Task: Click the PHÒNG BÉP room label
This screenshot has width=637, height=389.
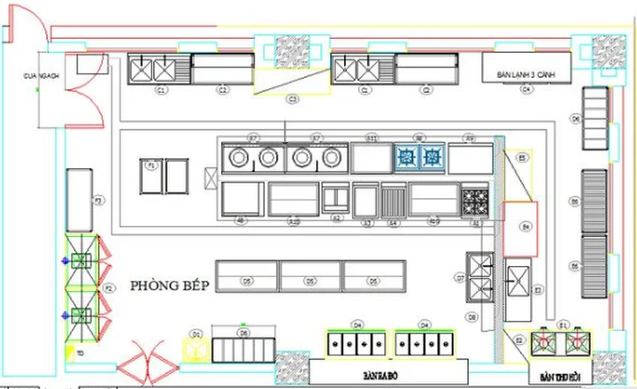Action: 170,286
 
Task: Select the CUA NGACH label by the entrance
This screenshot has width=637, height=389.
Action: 41,77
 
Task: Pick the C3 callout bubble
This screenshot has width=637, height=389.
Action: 293,100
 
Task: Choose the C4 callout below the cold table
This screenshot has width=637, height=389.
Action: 526,89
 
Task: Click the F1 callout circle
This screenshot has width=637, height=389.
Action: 151,166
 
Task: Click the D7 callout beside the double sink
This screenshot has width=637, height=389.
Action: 460,277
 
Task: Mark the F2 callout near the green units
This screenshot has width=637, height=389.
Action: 110,288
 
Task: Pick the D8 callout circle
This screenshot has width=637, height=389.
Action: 472,317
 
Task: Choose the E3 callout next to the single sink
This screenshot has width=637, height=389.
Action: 537,289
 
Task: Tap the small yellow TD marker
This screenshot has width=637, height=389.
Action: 80,352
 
